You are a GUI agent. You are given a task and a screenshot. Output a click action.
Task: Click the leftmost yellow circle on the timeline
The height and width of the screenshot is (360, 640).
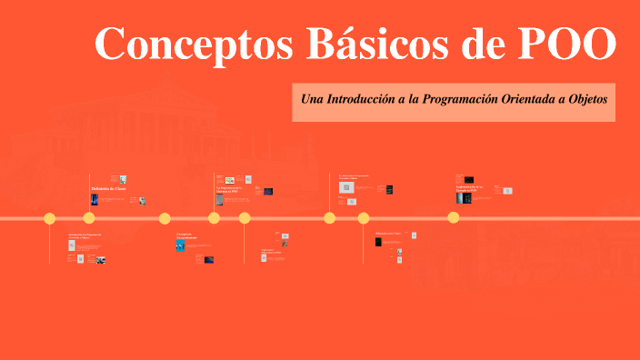pyautogui.click(x=50, y=218)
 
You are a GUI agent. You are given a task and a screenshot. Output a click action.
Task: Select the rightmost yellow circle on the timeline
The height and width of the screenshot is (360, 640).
pyautogui.click(x=453, y=218)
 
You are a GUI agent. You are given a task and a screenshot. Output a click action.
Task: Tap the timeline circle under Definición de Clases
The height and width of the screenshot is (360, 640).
pyautogui.click(x=89, y=218)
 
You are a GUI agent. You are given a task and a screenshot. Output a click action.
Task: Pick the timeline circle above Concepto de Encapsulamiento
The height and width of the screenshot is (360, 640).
pyautogui.click(x=165, y=218)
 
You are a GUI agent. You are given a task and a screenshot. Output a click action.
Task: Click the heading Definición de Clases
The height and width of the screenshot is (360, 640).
pyautogui.click(x=108, y=189)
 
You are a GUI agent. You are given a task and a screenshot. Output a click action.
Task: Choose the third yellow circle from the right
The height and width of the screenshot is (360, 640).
pyautogui.click(x=329, y=218)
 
